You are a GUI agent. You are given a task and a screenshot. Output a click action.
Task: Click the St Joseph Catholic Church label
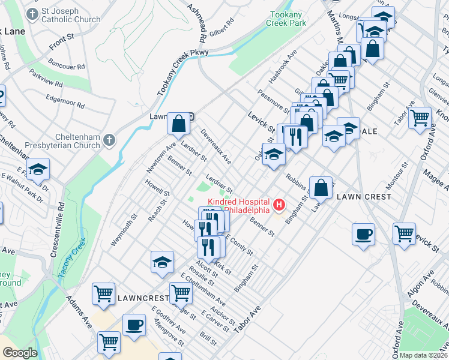click(70, 16)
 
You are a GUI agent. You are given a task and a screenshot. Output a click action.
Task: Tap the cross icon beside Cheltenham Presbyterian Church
click(108, 140)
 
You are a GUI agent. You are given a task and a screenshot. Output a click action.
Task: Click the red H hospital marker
click(279, 206)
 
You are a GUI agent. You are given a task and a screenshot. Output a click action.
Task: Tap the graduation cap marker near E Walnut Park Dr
click(38, 170)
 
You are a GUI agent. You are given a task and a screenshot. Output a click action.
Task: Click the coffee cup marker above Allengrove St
click(134, 325)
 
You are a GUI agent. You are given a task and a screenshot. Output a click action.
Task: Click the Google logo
click(20, 353)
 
